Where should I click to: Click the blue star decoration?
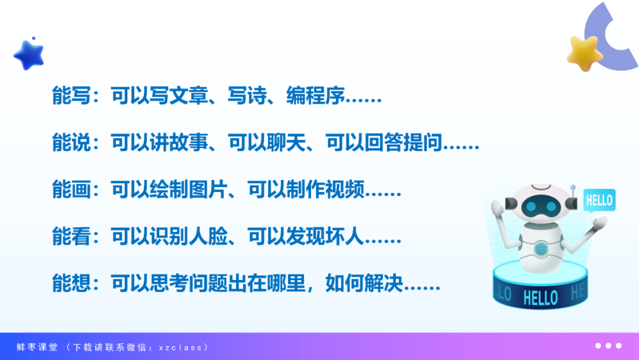point(29,55)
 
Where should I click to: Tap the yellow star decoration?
point(585,53)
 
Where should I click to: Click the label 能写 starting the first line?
point(72,96)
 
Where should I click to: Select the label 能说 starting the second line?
point(72,143)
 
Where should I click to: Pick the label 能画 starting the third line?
point(72,189)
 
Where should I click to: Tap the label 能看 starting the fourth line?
point(72,236)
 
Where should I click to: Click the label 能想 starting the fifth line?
point(72,284)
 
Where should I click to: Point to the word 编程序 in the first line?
point(315,96)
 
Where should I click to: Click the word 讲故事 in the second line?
point(179,143)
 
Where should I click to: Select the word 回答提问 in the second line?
point(404,143)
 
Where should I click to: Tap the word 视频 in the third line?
point(345,189)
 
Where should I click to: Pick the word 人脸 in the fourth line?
point(208,236)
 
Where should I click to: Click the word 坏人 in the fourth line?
point(345,236)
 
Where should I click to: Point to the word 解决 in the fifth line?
point(384,284)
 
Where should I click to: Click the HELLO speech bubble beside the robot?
point(599,200)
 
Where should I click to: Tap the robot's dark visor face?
point(541,206)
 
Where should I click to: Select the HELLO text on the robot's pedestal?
point(540,298)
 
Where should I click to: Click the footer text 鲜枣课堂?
point(37,348)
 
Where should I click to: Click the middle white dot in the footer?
point(608,346)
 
